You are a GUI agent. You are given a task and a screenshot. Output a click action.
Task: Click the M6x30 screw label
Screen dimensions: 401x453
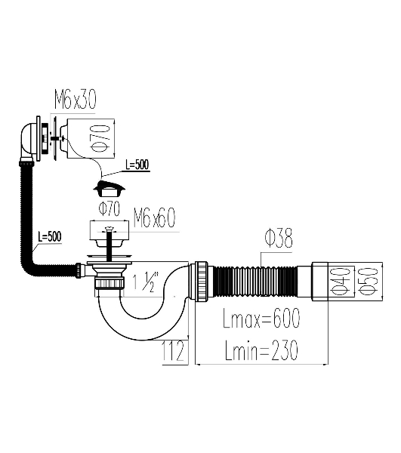click(x=75, y=100)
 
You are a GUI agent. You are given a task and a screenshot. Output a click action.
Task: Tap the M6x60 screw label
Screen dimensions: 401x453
click(x=154, y=218)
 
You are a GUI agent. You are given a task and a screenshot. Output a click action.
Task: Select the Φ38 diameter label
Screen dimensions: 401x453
click(x=279, y=238)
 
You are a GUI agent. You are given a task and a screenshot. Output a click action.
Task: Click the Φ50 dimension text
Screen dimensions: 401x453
click(x=369, y=282)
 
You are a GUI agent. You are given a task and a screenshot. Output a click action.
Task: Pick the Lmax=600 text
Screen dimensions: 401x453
click(x=261, y=318)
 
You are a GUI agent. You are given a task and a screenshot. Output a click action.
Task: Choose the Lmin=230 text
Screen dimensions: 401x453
click(x=261, y=350)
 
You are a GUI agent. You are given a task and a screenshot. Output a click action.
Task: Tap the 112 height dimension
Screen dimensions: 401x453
click(x=172, y=351)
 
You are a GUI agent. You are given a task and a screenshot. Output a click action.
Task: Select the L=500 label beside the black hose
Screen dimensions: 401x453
click(x=50, y=236)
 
